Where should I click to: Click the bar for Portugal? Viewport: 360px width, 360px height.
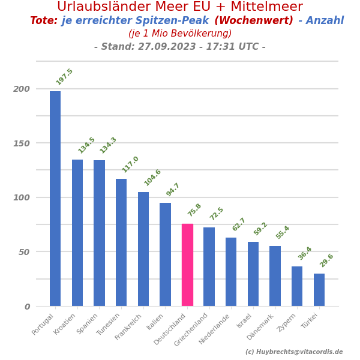55,199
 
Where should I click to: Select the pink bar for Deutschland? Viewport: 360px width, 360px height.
187,265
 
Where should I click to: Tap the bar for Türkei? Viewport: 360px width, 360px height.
319,290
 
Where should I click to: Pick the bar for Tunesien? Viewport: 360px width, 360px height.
121,242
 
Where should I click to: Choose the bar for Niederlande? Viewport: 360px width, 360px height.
231,272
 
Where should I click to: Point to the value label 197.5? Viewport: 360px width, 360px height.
64,77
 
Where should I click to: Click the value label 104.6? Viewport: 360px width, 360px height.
152,178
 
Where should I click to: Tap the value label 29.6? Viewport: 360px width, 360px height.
326,260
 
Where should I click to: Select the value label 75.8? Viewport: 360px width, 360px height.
194,211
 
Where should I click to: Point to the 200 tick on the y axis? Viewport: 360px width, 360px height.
22,89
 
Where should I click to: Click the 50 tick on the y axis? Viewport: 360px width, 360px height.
24,252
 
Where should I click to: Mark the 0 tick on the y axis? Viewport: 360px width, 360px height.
27,307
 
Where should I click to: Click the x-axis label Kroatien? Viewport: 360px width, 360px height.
65,324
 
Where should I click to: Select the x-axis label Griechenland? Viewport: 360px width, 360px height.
191,329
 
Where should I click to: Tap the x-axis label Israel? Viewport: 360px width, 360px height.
244,321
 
